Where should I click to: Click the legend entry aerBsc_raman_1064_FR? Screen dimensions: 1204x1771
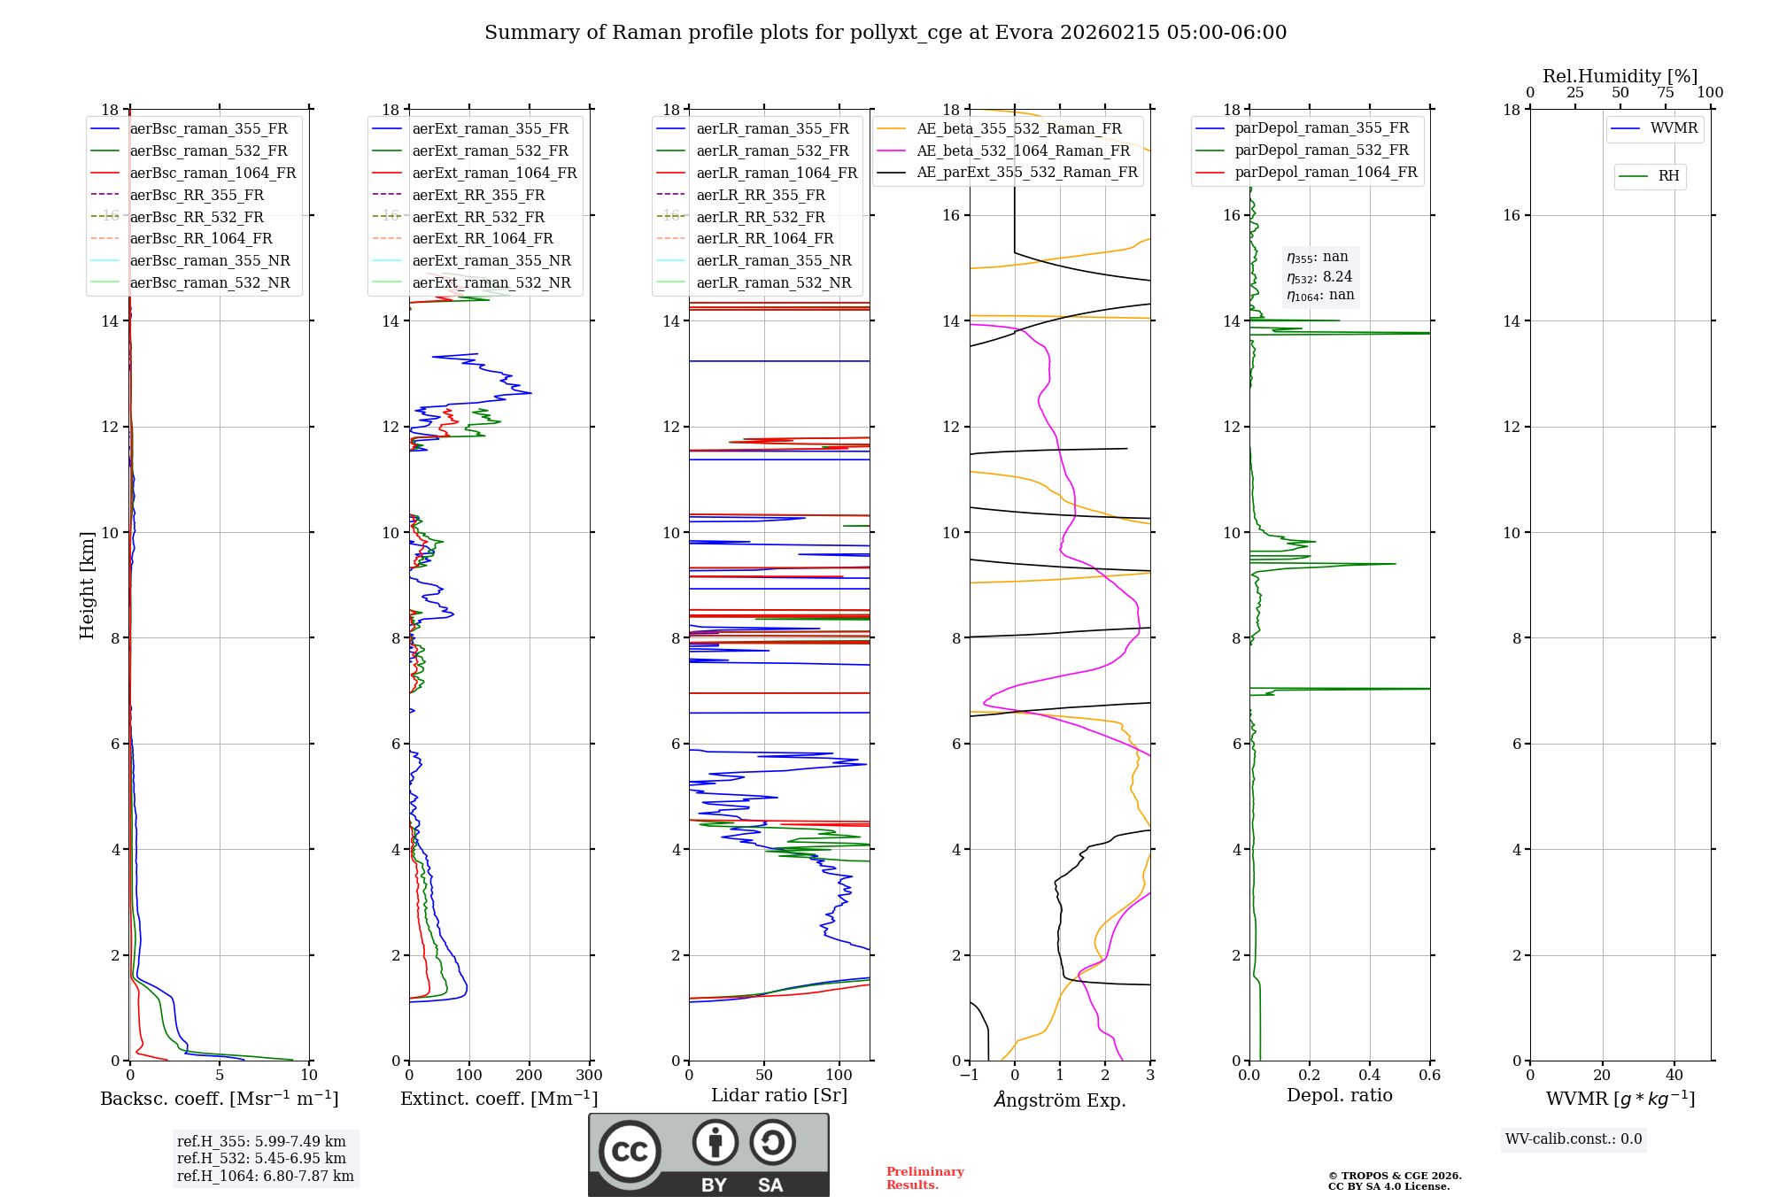213,174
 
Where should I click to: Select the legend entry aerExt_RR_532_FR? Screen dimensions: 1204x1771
478,217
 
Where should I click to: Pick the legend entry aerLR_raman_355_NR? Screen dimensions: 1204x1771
773,261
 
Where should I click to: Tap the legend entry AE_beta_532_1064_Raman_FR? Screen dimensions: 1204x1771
1023,150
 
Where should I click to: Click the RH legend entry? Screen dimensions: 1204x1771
1668,176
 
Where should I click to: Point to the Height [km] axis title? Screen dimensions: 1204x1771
87,585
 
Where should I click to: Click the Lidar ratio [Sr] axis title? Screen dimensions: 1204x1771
779,1095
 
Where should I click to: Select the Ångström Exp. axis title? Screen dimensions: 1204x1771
1060,1100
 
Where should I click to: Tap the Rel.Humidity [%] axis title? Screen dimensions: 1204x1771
1620,76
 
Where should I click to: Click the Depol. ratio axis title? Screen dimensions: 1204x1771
1339,1095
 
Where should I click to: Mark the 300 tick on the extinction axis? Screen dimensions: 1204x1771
589,1076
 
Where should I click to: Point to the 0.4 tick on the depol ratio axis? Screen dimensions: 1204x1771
1369,1076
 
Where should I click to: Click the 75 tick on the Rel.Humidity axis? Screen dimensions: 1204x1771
1665,93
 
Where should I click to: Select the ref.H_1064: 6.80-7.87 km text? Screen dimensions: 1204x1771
265,1177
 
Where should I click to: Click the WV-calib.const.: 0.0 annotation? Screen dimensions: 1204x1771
1573,1139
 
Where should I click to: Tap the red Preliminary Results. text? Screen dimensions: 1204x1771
924,1178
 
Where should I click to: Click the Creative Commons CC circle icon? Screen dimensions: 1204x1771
630,1152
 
